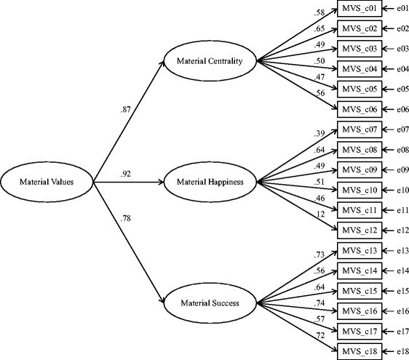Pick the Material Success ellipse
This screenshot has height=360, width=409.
pos(210,300)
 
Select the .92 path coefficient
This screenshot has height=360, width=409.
pos(127,174)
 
